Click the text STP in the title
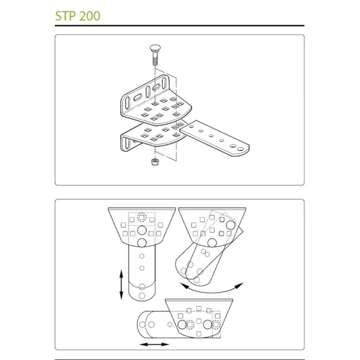click(x=65, y=16)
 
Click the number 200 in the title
click(x=90, y=16)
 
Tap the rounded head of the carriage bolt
click(x=155, y=48)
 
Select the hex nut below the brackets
click(x=155, y=161)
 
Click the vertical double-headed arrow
click(x=122, y=284)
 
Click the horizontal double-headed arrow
click(x=154, y=345)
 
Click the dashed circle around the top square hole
click(x=142, y=217)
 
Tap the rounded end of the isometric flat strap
click(x=243, y=150)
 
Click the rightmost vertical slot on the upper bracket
click(x=165, y=83)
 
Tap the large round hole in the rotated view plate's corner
click(x=231, y=225)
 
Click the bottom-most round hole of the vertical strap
click(x=142, y=296)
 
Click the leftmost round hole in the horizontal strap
click(x=142, y=325)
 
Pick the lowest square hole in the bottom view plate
click(x=199, y=333)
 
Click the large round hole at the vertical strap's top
click(x=142, y=230)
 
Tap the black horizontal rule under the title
click(x=179, y=25)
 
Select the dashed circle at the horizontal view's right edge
click(x=215, y=325)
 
